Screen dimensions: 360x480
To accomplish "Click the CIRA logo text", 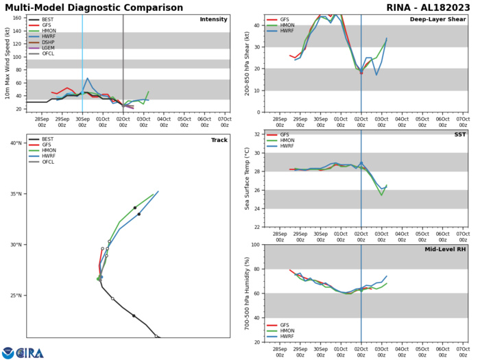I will coord(30,352).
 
